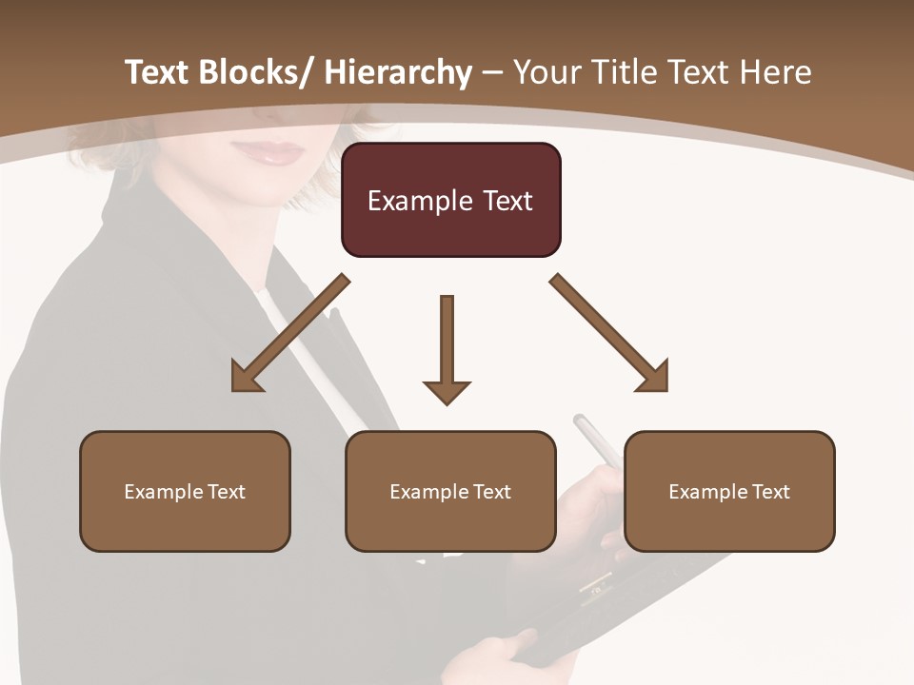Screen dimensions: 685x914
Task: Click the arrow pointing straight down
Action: click(x=447, y=347)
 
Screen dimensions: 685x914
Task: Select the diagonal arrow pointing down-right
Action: click(x=609, y=333)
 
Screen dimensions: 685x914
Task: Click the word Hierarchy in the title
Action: click(x=398, y=72)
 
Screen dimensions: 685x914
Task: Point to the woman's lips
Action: click(x=276, y=153)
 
